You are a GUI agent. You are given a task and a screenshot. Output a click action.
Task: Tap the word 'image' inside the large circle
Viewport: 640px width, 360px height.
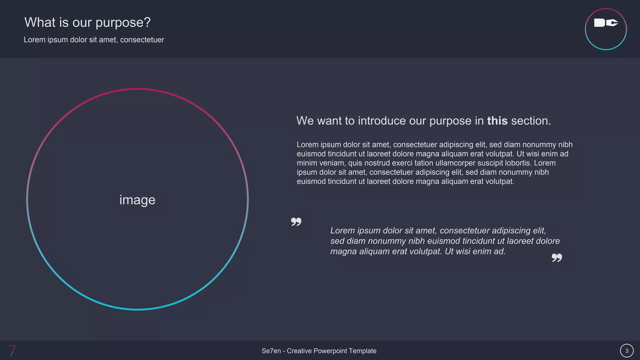(x=137, y=200)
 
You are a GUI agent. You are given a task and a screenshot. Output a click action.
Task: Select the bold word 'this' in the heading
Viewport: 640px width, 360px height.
(x=497, y=121)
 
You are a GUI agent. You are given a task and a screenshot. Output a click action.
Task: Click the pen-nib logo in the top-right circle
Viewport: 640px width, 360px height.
(x=606, y=23)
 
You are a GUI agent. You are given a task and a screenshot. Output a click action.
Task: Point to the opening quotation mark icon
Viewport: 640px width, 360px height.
(x=296, y=222)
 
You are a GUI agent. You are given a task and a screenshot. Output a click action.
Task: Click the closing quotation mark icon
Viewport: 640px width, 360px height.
(x=557, y=257)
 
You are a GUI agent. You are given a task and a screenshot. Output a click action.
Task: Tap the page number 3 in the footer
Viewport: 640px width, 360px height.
(x=627, y=351)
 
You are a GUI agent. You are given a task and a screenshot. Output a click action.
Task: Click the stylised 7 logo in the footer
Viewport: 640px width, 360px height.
(x=12, y=351)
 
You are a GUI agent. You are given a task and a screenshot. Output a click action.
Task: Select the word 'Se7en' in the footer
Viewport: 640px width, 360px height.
(x=271, y=351)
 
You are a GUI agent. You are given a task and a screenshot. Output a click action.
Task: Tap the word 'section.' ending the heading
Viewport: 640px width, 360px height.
(x=531, y=121)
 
